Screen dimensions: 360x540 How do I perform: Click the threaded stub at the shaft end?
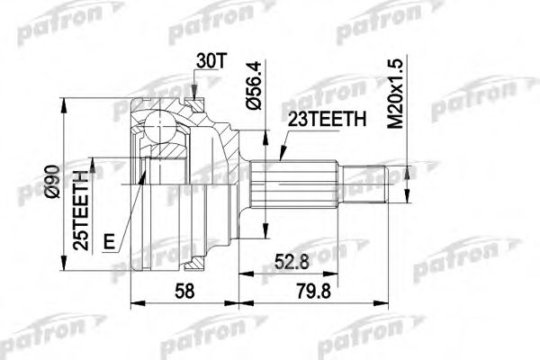[369, 184]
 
